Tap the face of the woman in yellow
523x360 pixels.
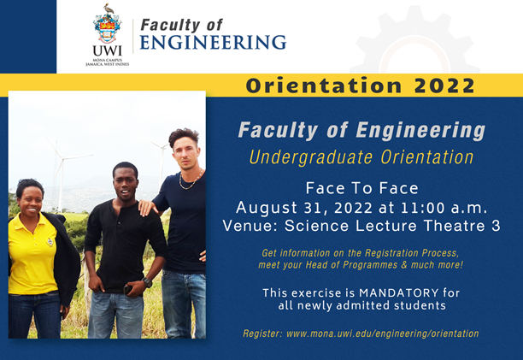pyautogui.click(x=30, y=196)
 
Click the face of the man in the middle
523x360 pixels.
pyautogui.click(x=124, y=180)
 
